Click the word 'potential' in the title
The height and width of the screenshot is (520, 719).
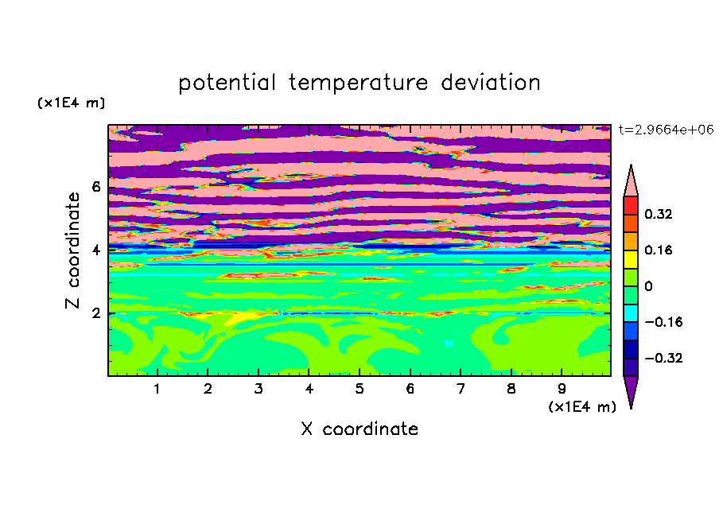[x=227, y=83]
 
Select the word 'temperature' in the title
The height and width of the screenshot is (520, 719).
[x=359, y=83]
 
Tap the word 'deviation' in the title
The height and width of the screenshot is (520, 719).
[x=491, y=82]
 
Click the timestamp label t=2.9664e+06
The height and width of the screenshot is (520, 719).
[x=666, y=130]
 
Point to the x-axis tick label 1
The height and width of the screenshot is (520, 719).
[x=157, y=389]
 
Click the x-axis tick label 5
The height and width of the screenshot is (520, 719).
[x=359, y=389]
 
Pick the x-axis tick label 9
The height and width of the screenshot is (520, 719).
[x=562, y=389]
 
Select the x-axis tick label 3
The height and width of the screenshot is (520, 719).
[x=258, y=389]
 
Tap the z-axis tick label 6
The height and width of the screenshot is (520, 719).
[x=95, y=187]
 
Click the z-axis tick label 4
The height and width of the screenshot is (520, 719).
[x=95, y=250]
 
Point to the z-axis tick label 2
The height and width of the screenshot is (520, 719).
[x=95, y=313]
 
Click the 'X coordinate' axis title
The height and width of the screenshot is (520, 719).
[x=359, y=429]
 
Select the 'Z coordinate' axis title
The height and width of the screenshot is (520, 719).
[x=73, y=250]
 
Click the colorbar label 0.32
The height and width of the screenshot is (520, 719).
[x=659, y=214]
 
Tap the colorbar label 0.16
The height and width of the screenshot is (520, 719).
[x=659, y=250]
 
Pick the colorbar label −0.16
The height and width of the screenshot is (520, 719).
[x=663, y=322]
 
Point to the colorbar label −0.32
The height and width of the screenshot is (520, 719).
[x=663, y=358]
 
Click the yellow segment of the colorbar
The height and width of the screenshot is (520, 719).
[x=631, y=259]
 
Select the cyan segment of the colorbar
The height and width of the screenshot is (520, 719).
[x=631, y=313]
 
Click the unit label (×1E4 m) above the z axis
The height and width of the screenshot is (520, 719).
[x=71, y=103]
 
